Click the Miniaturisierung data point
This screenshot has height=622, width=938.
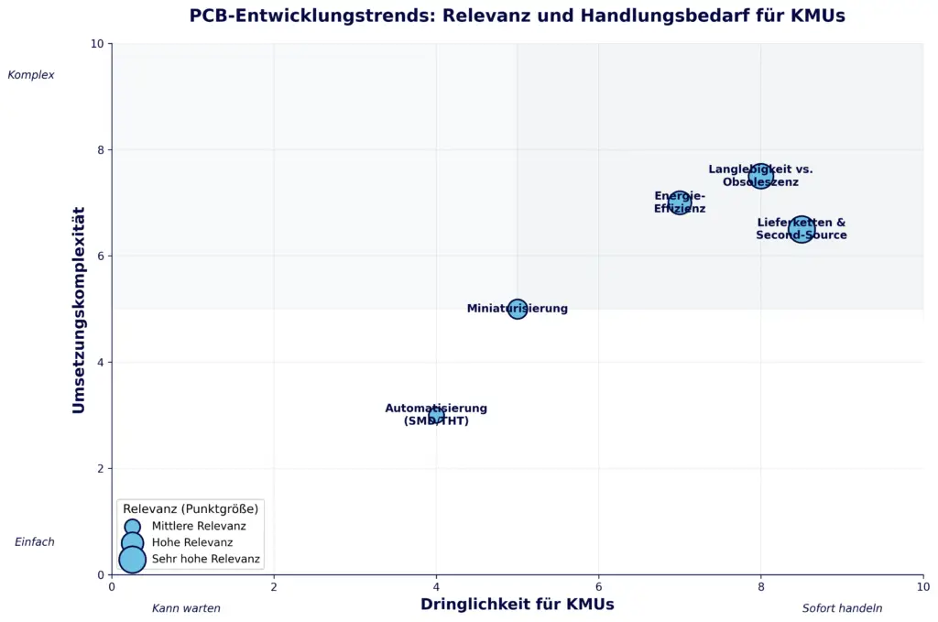(x=518, y=309)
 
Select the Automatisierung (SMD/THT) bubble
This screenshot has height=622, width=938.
(x=436, y=416)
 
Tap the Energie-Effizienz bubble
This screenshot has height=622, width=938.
(x=680, y=202)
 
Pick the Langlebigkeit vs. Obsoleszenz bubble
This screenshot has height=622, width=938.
(x=760, y=176)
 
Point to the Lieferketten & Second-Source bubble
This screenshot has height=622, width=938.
(x=802, y=229)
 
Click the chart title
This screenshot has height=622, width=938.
(x=517, y=16)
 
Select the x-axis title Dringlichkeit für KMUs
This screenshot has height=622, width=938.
(x=517, y=604)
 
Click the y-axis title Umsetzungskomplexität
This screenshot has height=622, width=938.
(x=79, y=310)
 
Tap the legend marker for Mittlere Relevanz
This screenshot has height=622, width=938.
(x=133, y=526)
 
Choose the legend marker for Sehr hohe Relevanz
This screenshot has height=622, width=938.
(x=133, y=559)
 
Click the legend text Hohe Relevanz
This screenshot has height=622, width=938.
(x=192, y=542)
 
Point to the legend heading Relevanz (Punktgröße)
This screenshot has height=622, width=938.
(x=191, y=508)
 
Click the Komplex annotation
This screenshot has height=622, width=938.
(x=31, y=75)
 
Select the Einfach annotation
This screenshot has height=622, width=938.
(x=35, y=542)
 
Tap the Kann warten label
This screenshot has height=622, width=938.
(x=186, y=608)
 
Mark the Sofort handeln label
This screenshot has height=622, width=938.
(x=843, y=608)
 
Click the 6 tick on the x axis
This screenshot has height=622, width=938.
(x=598, y=587)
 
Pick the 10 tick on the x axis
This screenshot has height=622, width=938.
(x=922, y=587)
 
